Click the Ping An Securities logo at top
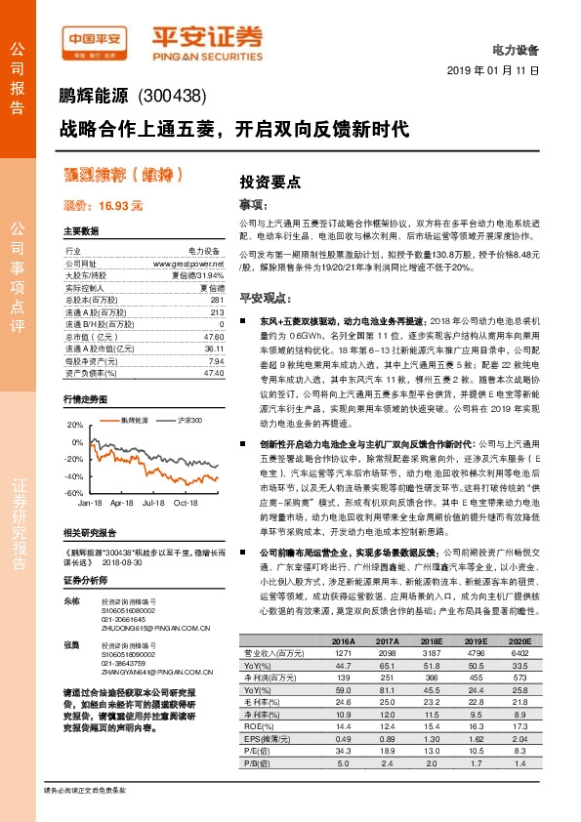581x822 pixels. [205, 40]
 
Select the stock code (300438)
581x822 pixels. [174, 97]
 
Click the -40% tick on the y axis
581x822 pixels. [74, 475]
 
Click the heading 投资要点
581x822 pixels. [270, 182]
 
